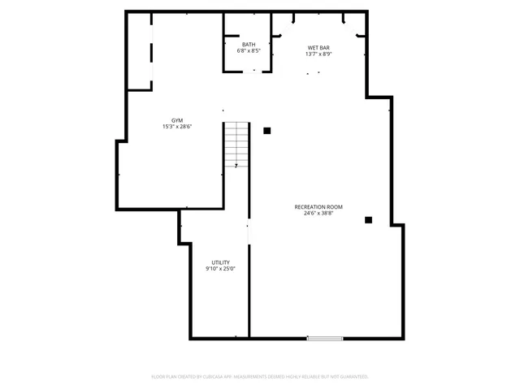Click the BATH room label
[x=249, y=44]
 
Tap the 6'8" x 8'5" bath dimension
[x=249, y=50]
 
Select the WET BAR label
[x=318, y=48]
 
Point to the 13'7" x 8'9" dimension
[x=318, y=54]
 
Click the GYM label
[x=176, y=119]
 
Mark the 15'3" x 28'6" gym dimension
[x=176, y=126]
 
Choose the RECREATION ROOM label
[x=318, y=207]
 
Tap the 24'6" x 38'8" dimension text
[x=318, y=214]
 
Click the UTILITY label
[x=220, y=262]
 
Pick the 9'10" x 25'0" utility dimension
[x=220, y=269]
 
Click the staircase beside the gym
[x=236, y=144]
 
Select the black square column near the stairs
[x=266, y=130]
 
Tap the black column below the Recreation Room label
[x=368, y=219]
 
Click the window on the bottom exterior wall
[x=324, y=338]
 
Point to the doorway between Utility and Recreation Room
[x=249, y=232]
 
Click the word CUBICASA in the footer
[x=208, y=377]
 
